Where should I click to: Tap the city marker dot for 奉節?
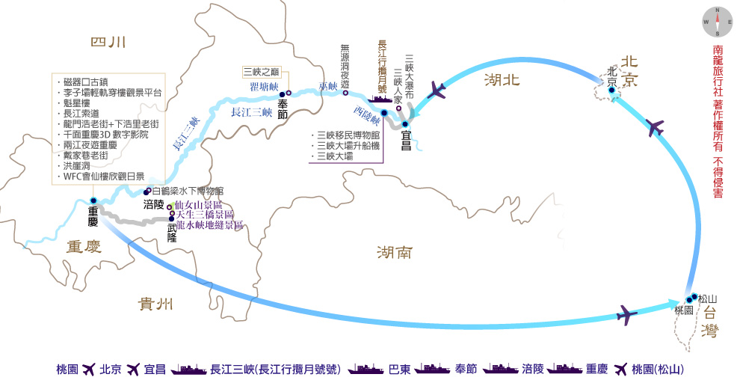point(282,95)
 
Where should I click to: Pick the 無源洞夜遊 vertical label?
point(345,65)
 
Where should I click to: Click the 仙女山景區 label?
point(198,205)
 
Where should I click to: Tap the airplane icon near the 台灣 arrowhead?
point(628,312)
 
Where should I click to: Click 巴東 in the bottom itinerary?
point(399,370)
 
